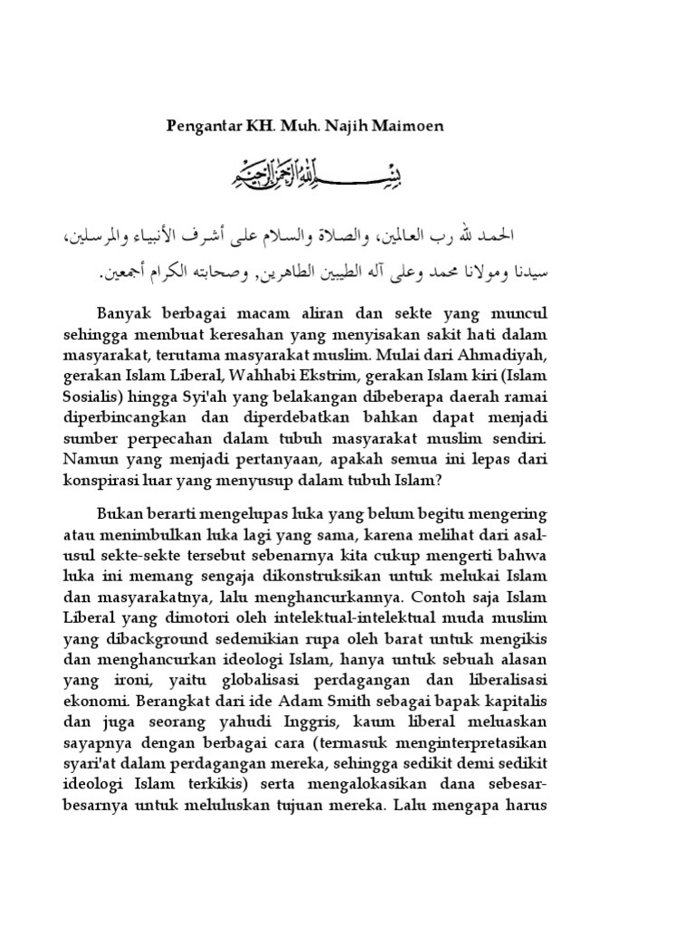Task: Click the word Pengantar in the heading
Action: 200,126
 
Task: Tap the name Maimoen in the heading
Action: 409,126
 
